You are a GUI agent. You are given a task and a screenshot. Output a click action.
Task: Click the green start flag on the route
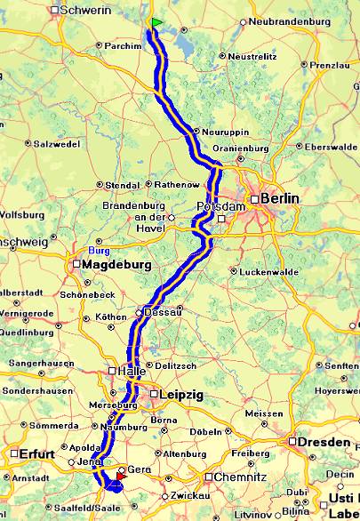coord(156,22)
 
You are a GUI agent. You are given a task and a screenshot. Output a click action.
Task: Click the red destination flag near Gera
coord(121,477)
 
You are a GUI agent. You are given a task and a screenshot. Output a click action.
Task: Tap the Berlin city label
coord(280,198)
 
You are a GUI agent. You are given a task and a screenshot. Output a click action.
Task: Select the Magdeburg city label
coord(116,265)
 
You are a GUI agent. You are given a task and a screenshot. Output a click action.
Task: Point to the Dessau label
coord(166,311)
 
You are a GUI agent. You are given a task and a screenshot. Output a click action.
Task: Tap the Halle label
coord(127,372)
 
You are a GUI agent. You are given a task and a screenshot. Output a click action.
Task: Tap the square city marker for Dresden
coord(292,441)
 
